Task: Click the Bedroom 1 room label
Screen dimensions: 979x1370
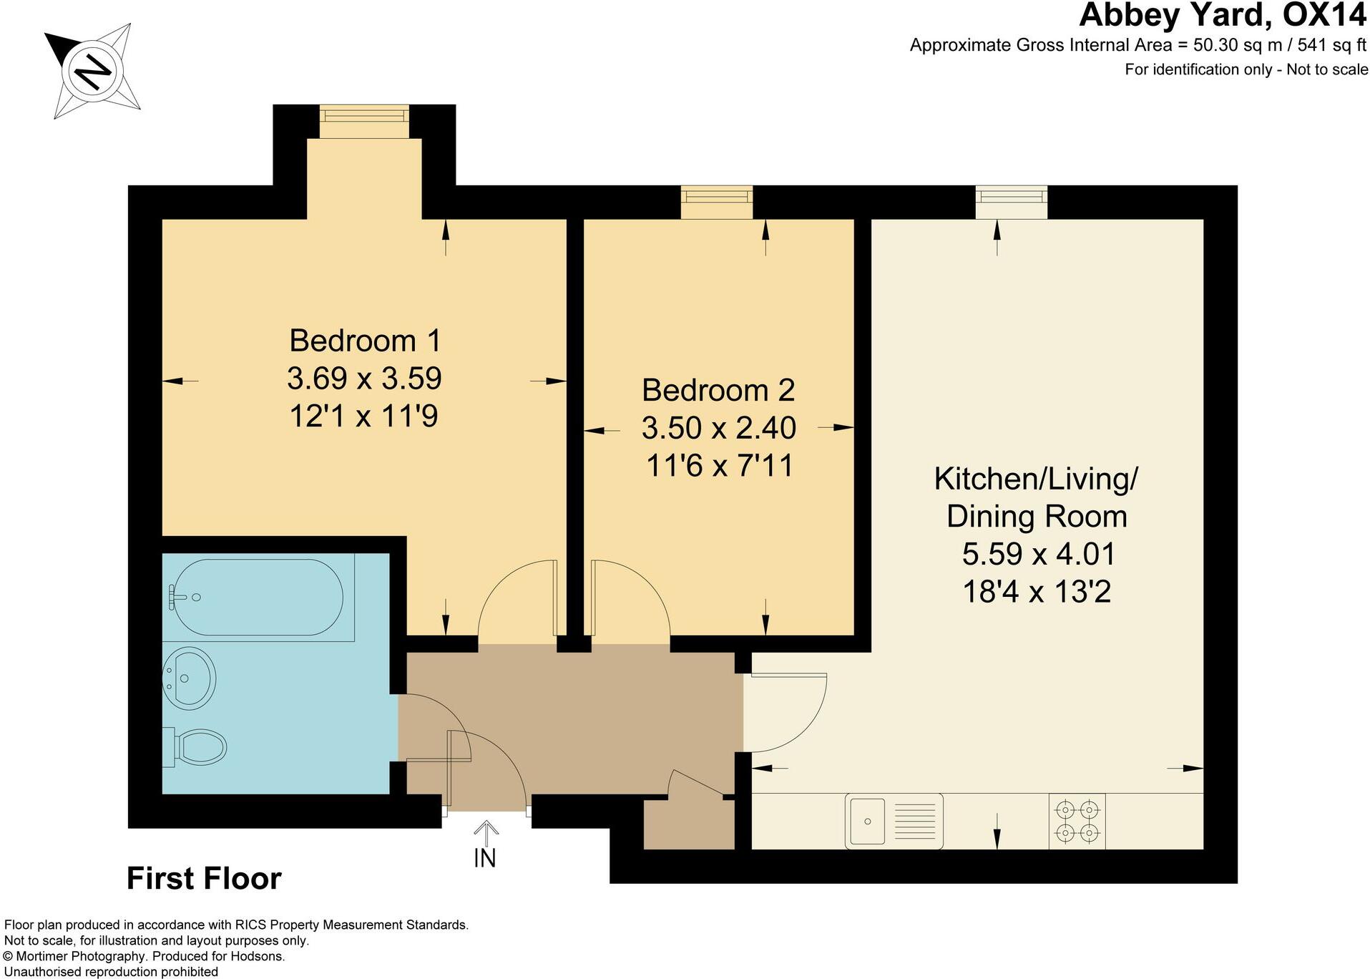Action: coord(364,341)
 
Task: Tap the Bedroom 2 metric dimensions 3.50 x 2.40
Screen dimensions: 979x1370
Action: coord(718,428)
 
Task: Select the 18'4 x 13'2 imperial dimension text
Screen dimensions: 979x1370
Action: coord(1036,592)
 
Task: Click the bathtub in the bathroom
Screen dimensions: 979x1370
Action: coord(258,598)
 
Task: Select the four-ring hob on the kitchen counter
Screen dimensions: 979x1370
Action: coord(1077,821)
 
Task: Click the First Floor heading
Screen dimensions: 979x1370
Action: coord(204,879)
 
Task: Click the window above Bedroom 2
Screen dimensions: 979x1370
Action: coord(716,201)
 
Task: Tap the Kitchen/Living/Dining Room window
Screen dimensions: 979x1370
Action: coord(1012,201)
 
